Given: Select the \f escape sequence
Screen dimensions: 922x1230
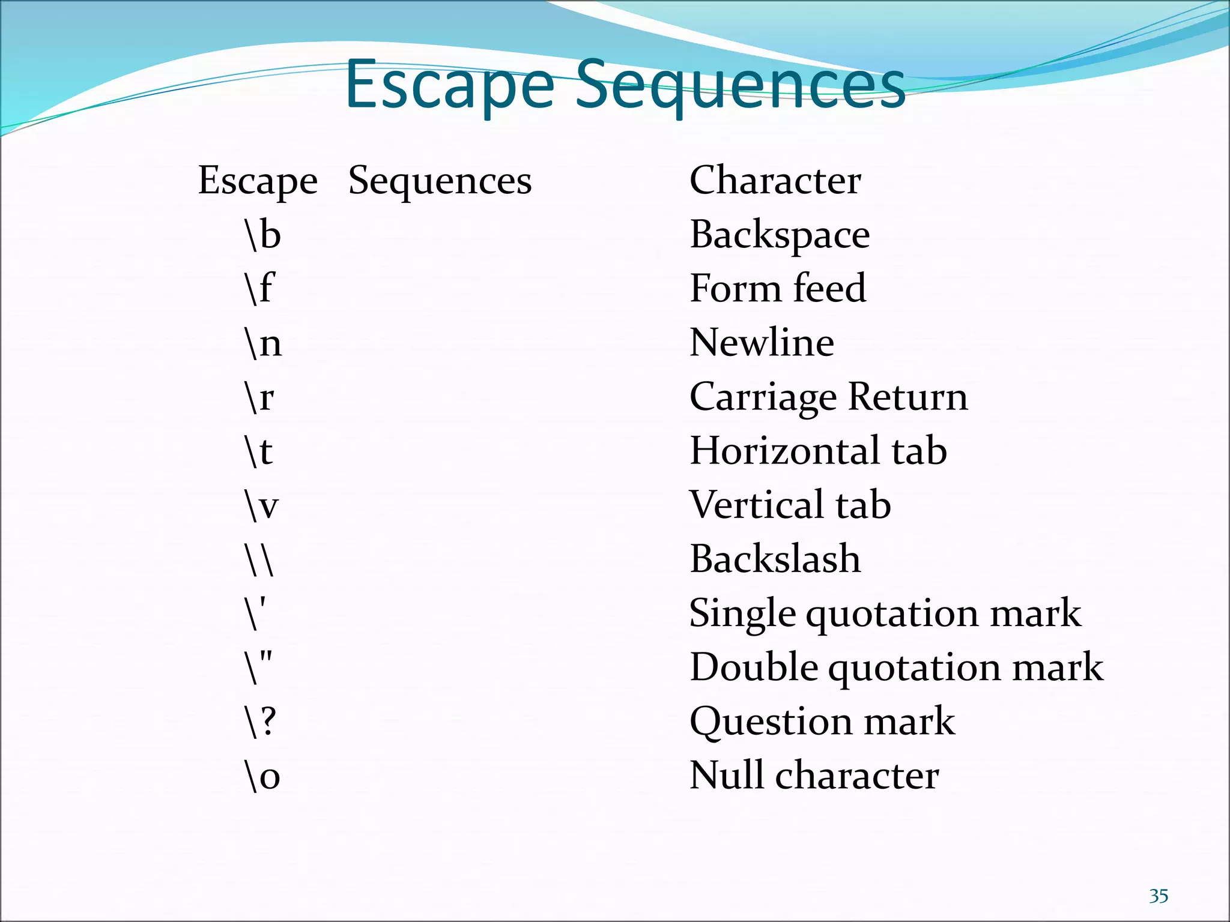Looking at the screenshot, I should click(x=259, y=289).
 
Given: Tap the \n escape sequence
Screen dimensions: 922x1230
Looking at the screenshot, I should click(x=263, y=343).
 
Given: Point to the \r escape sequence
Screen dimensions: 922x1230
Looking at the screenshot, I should click(x=259, y=397).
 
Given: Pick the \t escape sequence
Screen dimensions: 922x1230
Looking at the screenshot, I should click(x=259, y=451).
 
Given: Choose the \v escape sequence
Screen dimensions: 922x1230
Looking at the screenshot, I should click(x=262, y=505).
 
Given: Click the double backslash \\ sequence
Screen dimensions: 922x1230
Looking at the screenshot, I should click(x=259, y=559).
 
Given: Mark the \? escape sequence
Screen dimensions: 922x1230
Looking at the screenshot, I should click(x=260, y=722).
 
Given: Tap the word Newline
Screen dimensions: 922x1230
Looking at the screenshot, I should click(x=762, y=342).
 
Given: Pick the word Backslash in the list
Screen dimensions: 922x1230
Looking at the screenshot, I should click(x=775, y=558).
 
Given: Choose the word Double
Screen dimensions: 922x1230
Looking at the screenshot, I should click(x=753, y=667).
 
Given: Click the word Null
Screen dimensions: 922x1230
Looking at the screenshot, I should click(x=726, y=775).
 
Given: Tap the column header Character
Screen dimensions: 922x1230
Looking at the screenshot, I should click(x=775, y=180).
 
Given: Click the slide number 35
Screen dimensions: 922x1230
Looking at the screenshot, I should click(x=1159, y=896).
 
